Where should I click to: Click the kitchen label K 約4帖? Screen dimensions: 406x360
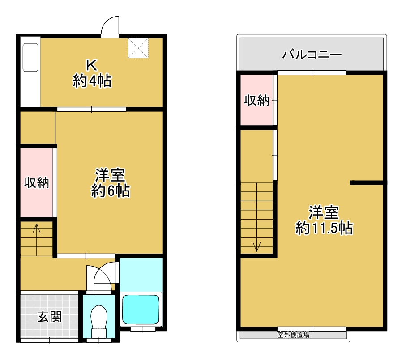(x=92, y=74)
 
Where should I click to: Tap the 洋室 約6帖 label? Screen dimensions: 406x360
(x=110, y=183)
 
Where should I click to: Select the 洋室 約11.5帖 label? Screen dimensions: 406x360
(x=324, y=220)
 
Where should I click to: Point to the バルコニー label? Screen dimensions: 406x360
(x=312, y=55)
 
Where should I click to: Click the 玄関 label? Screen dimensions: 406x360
(x=49, y=317)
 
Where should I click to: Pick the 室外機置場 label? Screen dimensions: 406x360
(x=293, y=335)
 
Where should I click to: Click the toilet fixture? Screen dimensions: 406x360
(x=99, y=321)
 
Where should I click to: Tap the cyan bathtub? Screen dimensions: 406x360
(x=141, y=309)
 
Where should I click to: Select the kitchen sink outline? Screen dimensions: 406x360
(x=30, y=57)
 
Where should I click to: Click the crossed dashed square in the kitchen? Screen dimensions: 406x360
(x=138, y=48)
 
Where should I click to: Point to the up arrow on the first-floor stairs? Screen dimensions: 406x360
(x=37, y=239)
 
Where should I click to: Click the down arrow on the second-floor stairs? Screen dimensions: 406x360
(x=256, y=217)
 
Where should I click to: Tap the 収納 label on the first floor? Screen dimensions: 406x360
(x=37, y=183)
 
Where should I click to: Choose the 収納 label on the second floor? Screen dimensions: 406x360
(x=256, y=100)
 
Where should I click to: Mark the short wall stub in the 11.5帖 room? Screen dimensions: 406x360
(x=366, y=182)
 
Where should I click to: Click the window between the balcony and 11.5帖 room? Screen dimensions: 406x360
(x=312, y=73)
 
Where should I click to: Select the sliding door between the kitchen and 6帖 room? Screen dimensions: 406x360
(x=91, y=109)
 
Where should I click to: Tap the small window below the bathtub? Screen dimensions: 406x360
(x=143, y=329)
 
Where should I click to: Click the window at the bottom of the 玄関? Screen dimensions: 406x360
(x=49, y=340)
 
